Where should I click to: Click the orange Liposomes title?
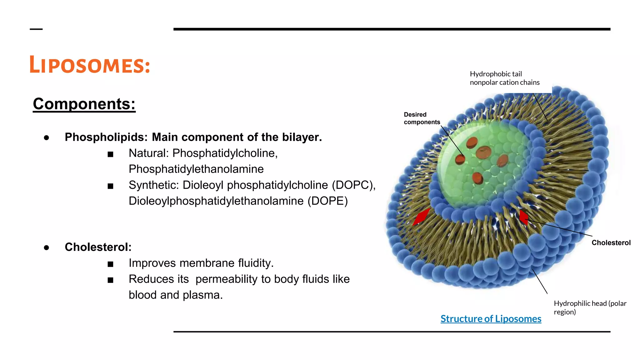[x=90, y=65]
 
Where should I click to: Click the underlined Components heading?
[x=84, y=104]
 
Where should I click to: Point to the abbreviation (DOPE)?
[x=327, y=201]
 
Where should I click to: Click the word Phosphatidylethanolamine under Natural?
[x=196, y=169]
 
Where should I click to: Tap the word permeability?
[x=227, y=279]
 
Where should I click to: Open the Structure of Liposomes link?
[x=491, y=319]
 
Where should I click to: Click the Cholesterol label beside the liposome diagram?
[x=611, y=243]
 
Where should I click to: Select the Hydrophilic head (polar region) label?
[x=590, y=307]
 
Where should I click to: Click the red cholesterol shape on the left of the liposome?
[x=421, y=216]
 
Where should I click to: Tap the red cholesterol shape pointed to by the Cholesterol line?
[x=523, y=217]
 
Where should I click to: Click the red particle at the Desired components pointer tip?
[x=460, y=159]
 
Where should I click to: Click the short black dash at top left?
[x=36, y=29]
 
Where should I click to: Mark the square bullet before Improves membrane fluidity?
[x=110, y=264]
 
